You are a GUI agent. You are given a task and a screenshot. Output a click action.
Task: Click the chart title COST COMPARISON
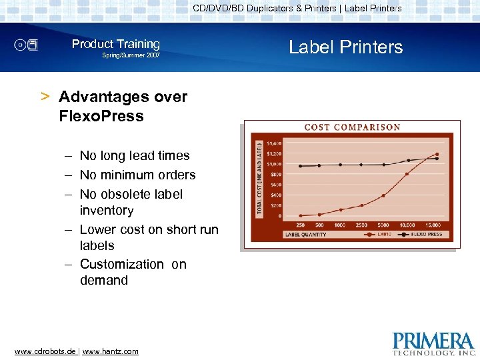click(352, 127)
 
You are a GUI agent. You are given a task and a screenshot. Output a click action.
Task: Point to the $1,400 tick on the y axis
click(274, 143)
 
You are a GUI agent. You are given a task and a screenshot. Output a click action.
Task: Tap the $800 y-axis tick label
click(274, 174)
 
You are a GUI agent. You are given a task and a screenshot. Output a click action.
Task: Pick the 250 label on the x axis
click(301, 225)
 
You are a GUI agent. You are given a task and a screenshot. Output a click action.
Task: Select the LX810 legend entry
click(385, 234)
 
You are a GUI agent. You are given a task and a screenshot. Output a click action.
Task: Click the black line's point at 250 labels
click(301, 166)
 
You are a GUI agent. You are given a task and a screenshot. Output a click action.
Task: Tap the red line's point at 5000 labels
click(384, 195)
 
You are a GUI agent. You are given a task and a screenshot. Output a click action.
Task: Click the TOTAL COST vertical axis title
click(259, 177)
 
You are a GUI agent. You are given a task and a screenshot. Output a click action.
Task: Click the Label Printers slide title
click(345, 47)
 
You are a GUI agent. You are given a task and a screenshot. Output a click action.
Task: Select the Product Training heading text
click(116, 44)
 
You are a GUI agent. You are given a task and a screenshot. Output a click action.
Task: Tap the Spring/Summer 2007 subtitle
click(131, 55)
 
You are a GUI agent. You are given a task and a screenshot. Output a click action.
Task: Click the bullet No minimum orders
click(137, 175)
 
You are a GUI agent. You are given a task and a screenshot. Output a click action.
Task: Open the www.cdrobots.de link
click(45, 351)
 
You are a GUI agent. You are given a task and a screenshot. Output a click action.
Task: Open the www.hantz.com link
click(110, 351)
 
